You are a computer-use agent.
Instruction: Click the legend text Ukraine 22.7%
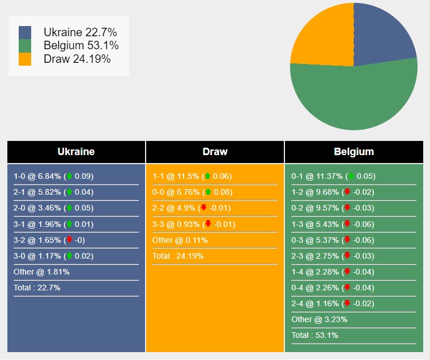pyautogui.click(x=80, y=33)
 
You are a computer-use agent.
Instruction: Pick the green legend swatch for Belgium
pyautogui.click(x=25, y=46)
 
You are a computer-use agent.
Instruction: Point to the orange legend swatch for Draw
pyautogui.click(x=25, y=59)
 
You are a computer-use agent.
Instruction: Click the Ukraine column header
pyautogui.click(x=76, y=152)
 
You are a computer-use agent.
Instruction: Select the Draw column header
pyautogui.click(x=215, y=152)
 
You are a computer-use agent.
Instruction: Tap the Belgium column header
pyautogui.click(x=354, y=152)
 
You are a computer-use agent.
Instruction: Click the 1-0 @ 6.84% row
pyautogui.click(x=54, y=176)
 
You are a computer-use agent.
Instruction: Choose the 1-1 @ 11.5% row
pyautogui.click(x=192, y=176)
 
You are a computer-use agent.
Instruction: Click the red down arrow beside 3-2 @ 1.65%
pyautogui.click(x=70, y=240)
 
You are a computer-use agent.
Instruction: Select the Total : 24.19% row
pyautogui.click(x=178, y=256)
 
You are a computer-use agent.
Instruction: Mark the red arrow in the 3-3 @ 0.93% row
pyautogui.click(x=208, y=224)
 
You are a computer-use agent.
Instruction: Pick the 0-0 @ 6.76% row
pyautogui.click(x=192, y=192)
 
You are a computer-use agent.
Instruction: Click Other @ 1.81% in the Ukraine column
pyautogui.click(x=41, y=272)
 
